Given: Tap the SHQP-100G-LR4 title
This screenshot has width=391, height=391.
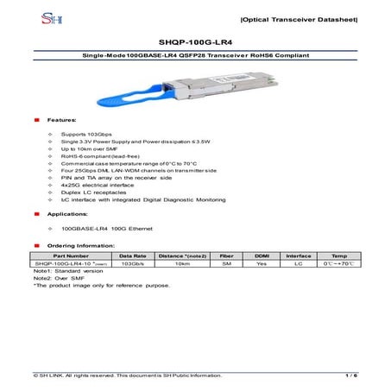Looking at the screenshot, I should (195, 40).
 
